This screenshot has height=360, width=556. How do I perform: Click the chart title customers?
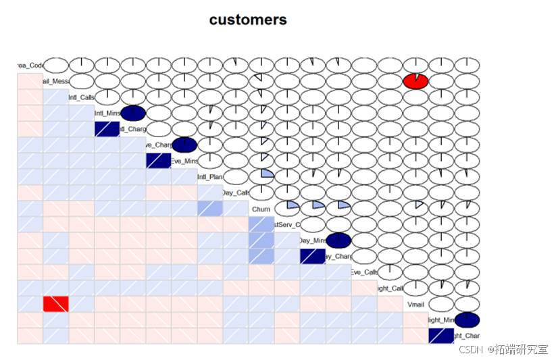pyautogui.click(x=247, y=20)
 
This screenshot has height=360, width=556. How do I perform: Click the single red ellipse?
pyautogui.click(x=415, y=81)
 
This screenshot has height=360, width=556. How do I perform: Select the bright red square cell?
pyautogui.click(x=55, y=304)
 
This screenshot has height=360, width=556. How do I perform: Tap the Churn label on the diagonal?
pyautogui.click(x=261, y=209)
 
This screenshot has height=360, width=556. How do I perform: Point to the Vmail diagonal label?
pyautogui.click(x=415, y=305)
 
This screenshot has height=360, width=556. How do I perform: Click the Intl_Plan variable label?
pyautogui.click(x=209, y=177)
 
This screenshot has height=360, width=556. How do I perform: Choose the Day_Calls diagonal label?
pyautogui.click(x=235, y=193)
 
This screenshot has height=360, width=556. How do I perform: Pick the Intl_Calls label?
pyautogui.click(x=82, y=97)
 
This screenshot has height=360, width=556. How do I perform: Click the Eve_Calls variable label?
pyautogui.click(x=364, y=272)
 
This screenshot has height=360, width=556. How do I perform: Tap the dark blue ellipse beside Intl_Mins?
pyautogui.click(x=133, y=113)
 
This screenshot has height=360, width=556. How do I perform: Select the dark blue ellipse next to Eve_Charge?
pyautogui.click(x=184, y=145)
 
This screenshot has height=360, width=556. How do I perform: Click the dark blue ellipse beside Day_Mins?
pyautogui.click(x=338, y=240)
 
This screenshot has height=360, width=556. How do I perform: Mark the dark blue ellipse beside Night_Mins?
pyautogui.click(x=467, y=320)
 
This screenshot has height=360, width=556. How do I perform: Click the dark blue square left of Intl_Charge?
pyautogui.click(x=107, y=129)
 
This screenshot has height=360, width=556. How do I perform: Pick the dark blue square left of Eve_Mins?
pyautogui.click(x=158, y=161)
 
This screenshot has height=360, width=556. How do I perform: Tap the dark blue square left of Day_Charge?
pyautogui.click(x=312, y=257)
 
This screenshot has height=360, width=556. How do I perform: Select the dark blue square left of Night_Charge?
pyautogui.click(x=441, y=336)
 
